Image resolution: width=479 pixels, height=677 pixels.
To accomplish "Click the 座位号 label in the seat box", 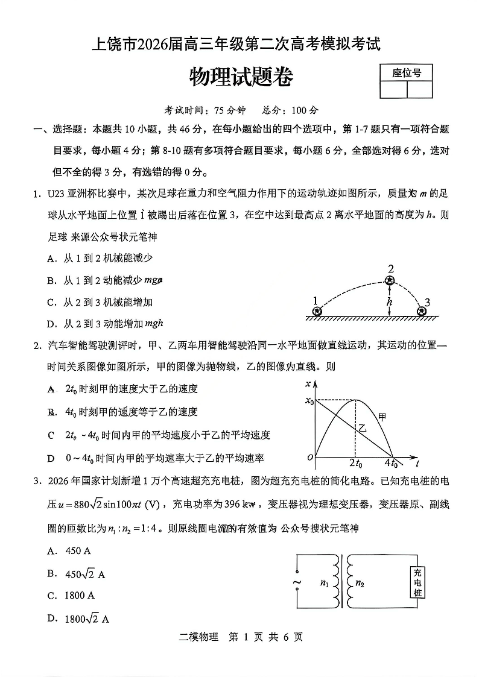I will pyautogui.click(x=406, y=73).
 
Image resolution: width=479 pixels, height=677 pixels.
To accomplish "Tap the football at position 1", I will pyautogui.click(x=316, y=311).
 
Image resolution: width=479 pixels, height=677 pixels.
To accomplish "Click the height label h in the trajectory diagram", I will pyautogui.click(x=390, y=301).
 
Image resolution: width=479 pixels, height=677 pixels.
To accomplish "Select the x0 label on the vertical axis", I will pyautogui.click(x=309, y=400).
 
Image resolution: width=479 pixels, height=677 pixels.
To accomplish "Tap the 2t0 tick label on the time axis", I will pyautogui.click(x=355, y=464).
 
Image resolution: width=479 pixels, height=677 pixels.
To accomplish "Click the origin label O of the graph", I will pyautogui.click(x=310, y=458).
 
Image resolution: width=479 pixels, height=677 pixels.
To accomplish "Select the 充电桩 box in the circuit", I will pyautogui.click(x=417, y=583).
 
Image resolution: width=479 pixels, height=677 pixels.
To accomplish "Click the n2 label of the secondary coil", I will pyautogui.click(x=360, y=583).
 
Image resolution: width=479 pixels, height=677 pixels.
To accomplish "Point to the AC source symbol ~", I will pyautogui.click(x=297, y=582).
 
